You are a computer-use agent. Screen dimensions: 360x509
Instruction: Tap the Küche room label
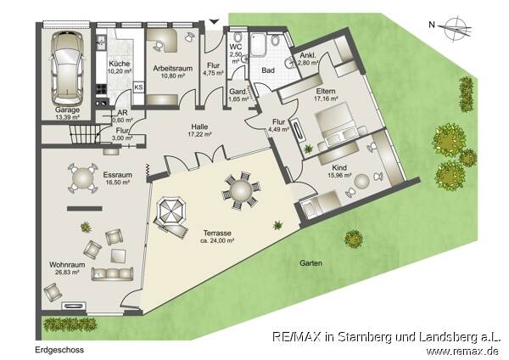(119, 65)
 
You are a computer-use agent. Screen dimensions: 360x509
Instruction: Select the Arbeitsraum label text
(170, 69)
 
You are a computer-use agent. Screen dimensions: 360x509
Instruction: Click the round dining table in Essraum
(81, 177)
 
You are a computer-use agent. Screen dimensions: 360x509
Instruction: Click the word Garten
(310, 263)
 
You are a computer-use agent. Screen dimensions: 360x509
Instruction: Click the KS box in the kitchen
(138, 87)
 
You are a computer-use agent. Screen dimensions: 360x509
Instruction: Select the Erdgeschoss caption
(59, 349)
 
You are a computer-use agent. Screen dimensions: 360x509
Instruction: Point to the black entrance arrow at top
(213, 21)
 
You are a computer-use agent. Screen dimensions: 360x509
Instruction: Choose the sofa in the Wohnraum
(113, 273)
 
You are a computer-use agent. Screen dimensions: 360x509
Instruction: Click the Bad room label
(268, 71)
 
